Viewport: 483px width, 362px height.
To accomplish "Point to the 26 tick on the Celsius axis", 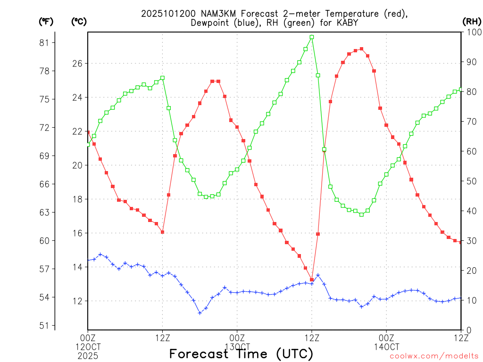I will point(77,63).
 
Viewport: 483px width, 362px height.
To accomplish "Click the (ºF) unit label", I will point(46,21).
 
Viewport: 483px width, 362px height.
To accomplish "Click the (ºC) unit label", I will point(79,21).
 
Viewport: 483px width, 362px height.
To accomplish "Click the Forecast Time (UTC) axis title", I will point(241,354).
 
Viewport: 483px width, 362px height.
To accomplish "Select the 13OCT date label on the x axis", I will point(237,346).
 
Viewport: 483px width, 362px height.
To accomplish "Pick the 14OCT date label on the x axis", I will point(386,346).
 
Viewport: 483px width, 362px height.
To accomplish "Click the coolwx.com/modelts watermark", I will point(434,356).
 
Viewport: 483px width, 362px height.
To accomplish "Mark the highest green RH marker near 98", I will point(312,37).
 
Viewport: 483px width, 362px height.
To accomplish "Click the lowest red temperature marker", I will point(312,280).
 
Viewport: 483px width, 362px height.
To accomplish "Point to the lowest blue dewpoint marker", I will point(200,313).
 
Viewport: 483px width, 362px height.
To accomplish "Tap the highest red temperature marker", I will point(361,49).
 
